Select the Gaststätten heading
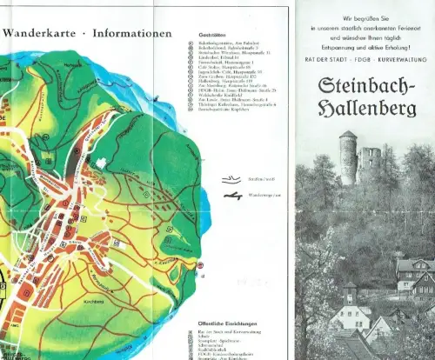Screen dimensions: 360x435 [203, 37]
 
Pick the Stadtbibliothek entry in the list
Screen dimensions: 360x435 [212, 346]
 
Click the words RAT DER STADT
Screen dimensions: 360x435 [326, 58]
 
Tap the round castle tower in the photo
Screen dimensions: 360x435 [348, 157]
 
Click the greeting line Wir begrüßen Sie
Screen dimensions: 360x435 [365, 17]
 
